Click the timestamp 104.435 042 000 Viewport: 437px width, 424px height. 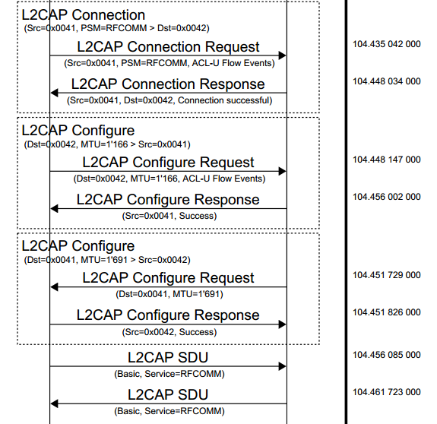(x=386, y=45)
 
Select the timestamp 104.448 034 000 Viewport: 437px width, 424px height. (x=386, y=81)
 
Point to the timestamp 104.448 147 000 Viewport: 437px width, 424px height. (x=386, y=160)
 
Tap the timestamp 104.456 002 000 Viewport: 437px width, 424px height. (x=386, y=198)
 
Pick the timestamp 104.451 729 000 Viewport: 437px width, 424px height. (x=386, y=276)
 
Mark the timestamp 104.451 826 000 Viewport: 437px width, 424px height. (x=386, y=312)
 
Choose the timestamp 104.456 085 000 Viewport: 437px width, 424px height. (x=386, y=355)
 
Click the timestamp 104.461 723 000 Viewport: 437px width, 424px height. (x=386, y=392)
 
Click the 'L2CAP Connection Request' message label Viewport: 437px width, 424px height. (x=168, y=47)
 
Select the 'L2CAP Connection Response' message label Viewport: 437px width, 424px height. (x=168, y=84)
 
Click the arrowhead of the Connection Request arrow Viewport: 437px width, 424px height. (x=282, y=55)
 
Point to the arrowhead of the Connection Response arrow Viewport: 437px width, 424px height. (x=54, y=93)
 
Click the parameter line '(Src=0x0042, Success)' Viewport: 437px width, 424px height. (x=168, y=331)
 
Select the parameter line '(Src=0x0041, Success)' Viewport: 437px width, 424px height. (x=168, y=216)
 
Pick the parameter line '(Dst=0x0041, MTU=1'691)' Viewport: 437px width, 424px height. (x=168, y=294)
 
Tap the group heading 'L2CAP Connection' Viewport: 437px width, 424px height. (x=83, y=15)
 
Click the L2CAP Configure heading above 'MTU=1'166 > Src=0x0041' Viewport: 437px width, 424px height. (x=78, y=131)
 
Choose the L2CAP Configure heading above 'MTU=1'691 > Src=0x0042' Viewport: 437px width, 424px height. (x=78, y=246)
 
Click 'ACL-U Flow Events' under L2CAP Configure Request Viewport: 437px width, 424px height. (x=225, y=179)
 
